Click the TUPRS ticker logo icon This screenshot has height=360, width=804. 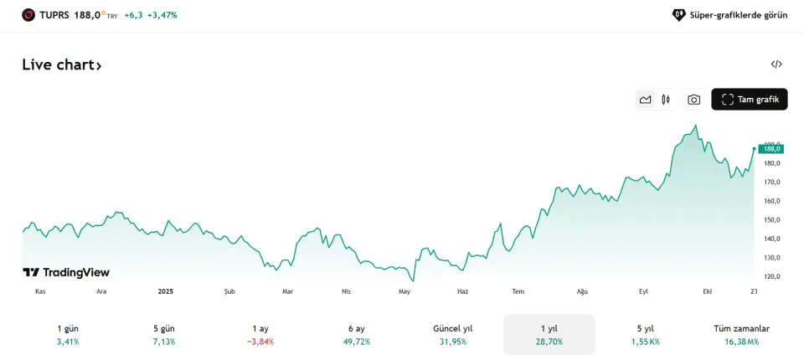point(28,15)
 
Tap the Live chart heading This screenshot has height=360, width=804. point(62,65)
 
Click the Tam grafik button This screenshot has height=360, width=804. point(749,100)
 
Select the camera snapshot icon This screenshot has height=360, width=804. point(693,100)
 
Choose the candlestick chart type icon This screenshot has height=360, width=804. point(666,100)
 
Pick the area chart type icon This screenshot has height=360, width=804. point(645,100)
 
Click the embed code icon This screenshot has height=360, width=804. point(776,64)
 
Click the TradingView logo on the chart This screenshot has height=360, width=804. point(66,272)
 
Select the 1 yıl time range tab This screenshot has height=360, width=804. point(549,335)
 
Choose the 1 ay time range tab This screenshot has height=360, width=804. point(260,335)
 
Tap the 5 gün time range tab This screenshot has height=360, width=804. point(164,335)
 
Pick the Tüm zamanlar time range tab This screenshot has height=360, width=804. point(741,335)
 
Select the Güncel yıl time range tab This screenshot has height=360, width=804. point(453,335)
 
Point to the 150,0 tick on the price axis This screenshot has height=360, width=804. point(771,220)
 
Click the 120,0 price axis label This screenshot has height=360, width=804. point(771,276)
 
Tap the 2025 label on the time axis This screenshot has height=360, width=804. point(166,291)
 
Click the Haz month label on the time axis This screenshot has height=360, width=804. point(462,291)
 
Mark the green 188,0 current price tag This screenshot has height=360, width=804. point(771,148)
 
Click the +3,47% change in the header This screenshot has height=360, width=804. point(162,15)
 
